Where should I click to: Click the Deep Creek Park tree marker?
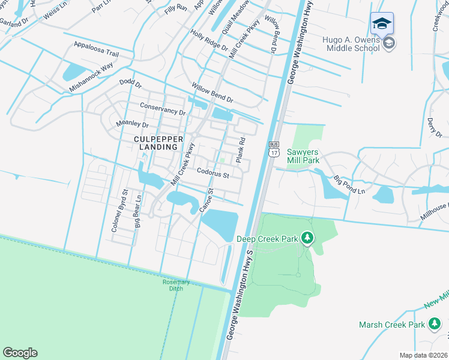pos(307,238)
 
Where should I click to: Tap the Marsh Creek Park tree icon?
pos(434,325)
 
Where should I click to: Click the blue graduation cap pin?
pos(382,25)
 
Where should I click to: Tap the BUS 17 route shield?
pos(274,149)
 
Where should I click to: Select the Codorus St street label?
pos(213,173)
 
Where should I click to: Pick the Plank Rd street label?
pos(241,151)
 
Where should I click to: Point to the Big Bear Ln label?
pos(137,211)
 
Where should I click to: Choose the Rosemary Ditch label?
pos(176,285)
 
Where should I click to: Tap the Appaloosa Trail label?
pos(96,49)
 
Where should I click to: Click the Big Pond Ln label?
pos(349,184)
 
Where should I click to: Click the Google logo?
pos(20,353)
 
